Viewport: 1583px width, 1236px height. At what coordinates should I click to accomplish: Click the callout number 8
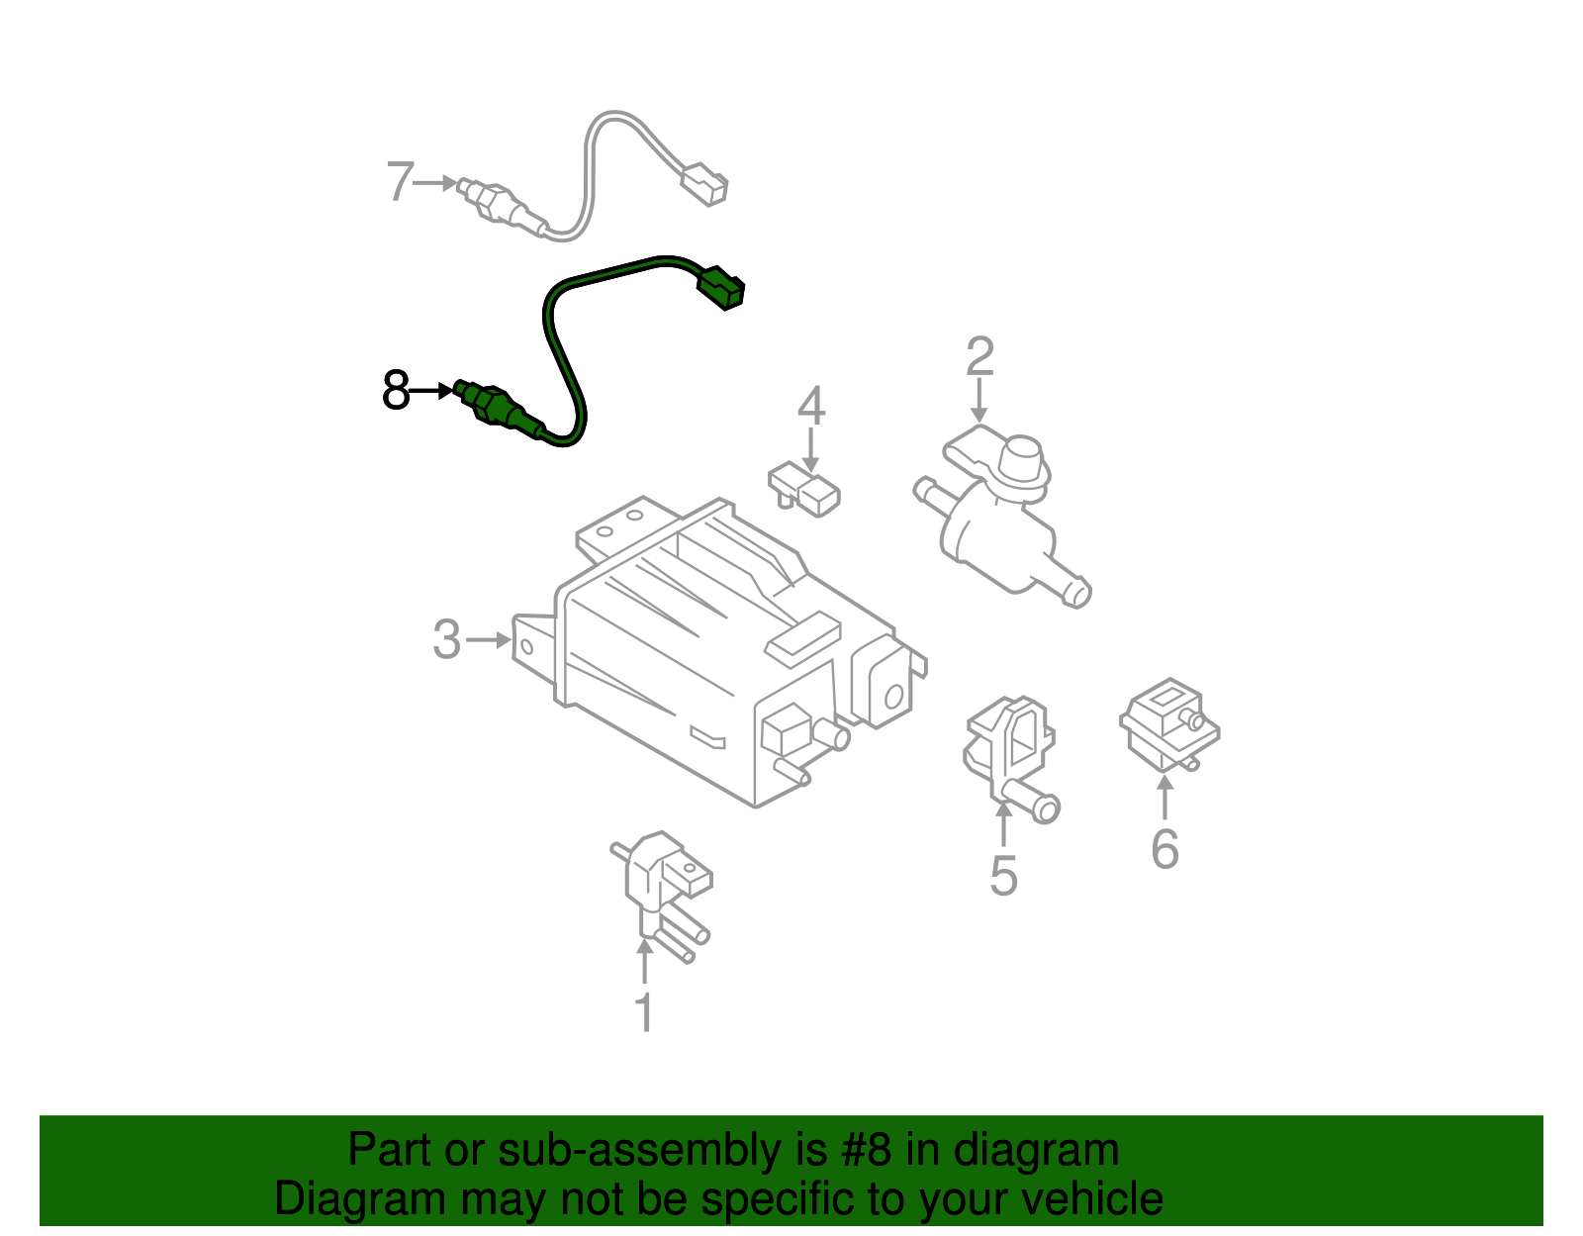(x=396, y=391)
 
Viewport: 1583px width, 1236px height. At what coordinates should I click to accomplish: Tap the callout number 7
(x=400, y=182)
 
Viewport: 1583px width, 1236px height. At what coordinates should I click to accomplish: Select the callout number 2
(x=979, y=356)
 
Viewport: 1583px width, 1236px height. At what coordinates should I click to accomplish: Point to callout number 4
(x=810, y=406)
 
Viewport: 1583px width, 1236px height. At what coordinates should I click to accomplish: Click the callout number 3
(x=447, y=639)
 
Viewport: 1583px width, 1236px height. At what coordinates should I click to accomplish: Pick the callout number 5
(x=1003, y=877)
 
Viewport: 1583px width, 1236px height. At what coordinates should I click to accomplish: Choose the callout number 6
(x=1164, y=849)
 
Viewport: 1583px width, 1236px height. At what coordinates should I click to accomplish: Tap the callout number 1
(x=644, y=1012)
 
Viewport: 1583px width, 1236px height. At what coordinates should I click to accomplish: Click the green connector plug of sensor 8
(x=721, y=286)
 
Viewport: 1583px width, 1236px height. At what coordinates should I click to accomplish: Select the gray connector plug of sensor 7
(x=705, y=185)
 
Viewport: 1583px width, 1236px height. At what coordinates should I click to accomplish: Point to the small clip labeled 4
(x=805, y=491)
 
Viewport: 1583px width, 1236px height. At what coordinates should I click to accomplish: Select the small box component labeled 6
(x=1168, y=722)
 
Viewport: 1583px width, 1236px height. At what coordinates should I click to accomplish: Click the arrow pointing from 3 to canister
(x=489, y=640)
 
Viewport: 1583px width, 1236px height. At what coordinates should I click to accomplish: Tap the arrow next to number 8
(x=432, y=392)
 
